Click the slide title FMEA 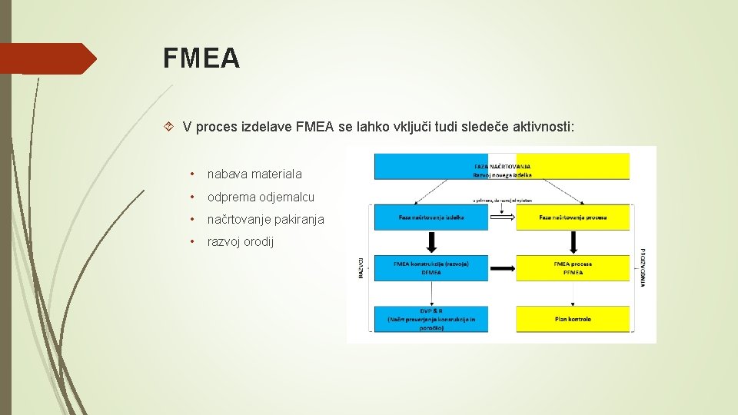[x=201, y=58]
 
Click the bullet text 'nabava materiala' [x=254, y=174]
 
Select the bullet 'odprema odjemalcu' [x=261, y=198]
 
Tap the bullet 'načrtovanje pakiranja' [x=266, y=220]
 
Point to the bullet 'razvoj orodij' [x=240, y=242]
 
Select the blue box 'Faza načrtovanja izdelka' [x=430, y=217]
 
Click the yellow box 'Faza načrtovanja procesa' [x=573, y=217]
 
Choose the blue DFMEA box [x=430, y=267]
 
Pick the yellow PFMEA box [x=573, y=267]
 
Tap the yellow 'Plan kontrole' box [x=573, y=318]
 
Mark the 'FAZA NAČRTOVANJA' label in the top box [x=503, y=166]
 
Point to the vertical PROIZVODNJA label [x=643, y=267]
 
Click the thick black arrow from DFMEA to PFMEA [x=502, y=268]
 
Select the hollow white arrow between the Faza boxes [x=502, y=217]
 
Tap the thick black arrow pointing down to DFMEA [x=431, y=243]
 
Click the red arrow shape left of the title [x=48, y=58]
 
